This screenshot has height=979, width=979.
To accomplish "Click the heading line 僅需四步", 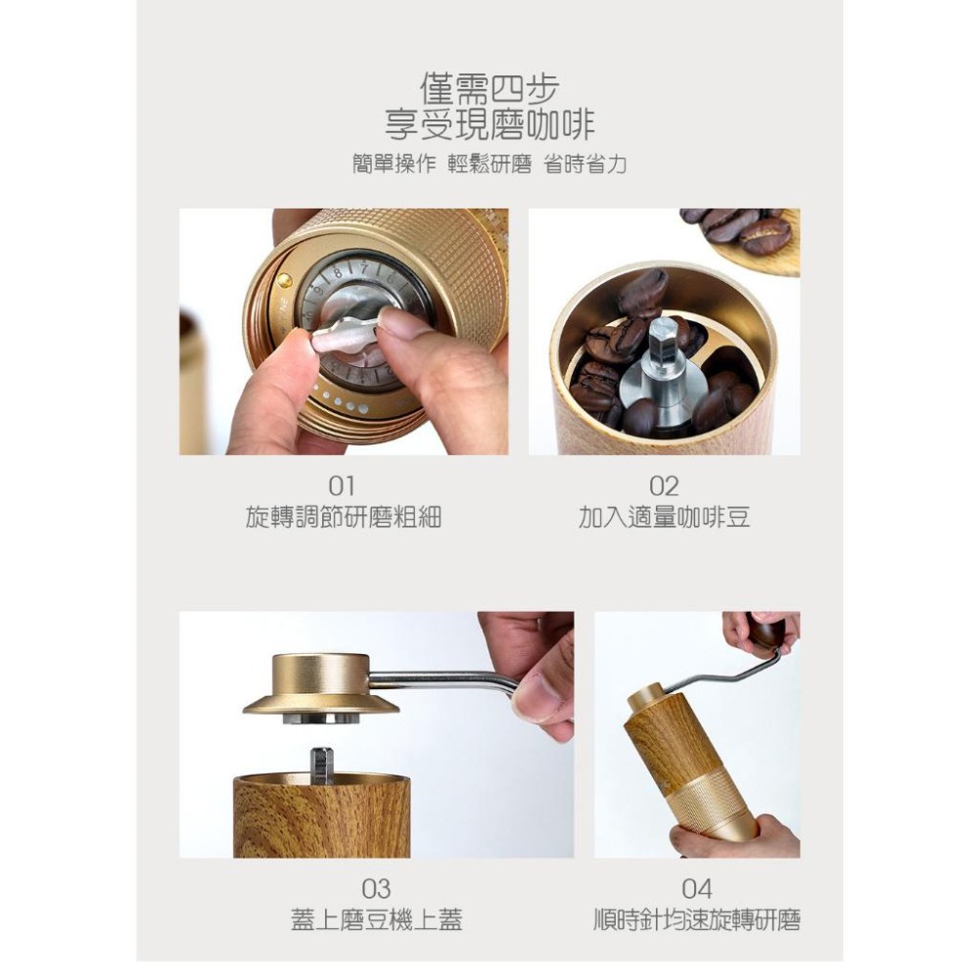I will pos(489,90).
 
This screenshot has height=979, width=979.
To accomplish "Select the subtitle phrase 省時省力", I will pos(585,164).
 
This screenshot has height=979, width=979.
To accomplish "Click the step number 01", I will pos(343,486).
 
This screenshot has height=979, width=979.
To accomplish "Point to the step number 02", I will pos(664,486).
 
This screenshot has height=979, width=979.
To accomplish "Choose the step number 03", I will pos(376,889).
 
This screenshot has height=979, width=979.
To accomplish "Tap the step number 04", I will pos(697,889).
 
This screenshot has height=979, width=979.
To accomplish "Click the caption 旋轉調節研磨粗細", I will pos(343,518).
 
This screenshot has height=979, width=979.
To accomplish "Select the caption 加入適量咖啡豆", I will pos(664,518).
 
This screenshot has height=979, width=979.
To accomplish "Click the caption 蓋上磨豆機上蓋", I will pos(376,920).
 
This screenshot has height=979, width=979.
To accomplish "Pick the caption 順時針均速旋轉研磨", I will pos(697,920).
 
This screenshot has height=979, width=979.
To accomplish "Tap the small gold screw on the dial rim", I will pos(285,280).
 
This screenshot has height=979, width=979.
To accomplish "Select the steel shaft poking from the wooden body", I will pos(321,764).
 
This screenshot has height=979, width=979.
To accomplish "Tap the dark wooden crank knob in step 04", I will pos(767,631).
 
